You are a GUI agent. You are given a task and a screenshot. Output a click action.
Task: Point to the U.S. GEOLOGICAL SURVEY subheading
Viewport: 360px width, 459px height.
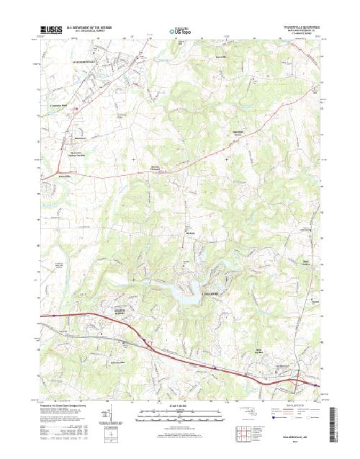(81, 33)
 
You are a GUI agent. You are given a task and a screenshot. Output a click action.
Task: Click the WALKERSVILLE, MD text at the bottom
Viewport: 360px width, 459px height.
(295, 435)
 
